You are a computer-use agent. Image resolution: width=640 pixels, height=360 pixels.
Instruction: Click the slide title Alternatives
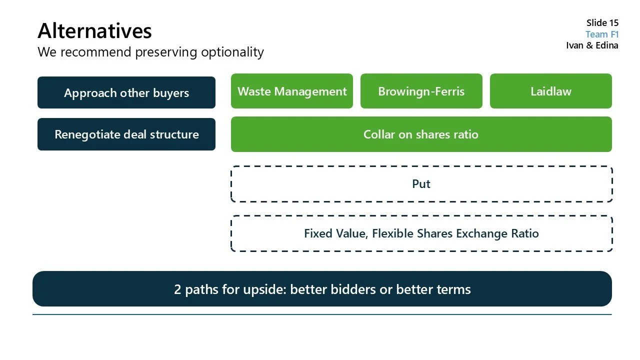(x=94, y=31)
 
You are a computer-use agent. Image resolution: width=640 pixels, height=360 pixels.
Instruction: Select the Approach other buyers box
(x=126, y=93)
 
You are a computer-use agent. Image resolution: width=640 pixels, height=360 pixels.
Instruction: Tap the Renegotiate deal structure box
(x=126, y=134)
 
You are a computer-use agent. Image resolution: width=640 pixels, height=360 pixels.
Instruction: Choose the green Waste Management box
(x=292, y=91)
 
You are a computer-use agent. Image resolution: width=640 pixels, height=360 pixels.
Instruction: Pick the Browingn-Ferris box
(x=421, y=91)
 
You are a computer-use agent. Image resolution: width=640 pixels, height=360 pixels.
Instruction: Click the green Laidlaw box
(x=550, y=91)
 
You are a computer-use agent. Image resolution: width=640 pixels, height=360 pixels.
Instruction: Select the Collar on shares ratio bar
(x=421, y=134)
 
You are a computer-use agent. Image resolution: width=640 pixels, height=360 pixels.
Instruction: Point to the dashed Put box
(x=421, y=184)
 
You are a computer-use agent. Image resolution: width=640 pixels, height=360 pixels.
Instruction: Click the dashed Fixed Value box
(x=421, y=233)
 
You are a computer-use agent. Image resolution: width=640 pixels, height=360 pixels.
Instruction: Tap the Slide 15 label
(x=602, y=23)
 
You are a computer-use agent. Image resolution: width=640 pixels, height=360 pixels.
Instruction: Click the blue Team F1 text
(x=602, y=34)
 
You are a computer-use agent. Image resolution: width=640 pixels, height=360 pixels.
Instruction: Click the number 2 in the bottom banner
(x=177, y=289)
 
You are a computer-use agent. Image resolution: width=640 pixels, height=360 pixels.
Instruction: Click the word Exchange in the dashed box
(x=484, y=233)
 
